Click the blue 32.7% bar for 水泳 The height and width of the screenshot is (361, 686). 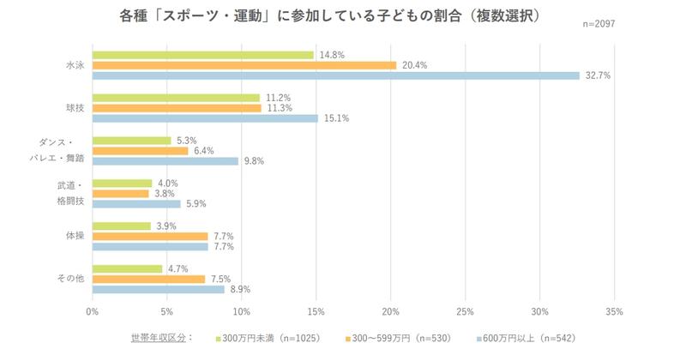(x=335, y=75)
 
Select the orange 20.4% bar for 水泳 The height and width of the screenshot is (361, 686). (x=244, y=65)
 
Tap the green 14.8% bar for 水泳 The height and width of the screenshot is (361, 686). (x=202, y=55)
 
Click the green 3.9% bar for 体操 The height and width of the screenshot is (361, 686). (x=121, y=226)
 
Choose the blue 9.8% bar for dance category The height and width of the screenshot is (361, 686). (x=165, y=161)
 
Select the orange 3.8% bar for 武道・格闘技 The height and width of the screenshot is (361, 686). (x=120, y=194)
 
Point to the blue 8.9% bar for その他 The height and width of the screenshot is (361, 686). (x=158, y=290)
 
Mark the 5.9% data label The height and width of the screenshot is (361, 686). (x=196, y=204)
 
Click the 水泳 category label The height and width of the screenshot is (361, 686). (x=75, y=65)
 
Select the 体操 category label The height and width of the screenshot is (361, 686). (x=75, y=236)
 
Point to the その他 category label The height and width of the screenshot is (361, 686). (x=72, y=279)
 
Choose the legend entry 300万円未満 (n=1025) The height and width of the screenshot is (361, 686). (x=268, y=338)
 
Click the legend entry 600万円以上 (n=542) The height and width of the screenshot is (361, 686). (x=525, y=338)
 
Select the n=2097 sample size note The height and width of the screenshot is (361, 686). (x=598, y=24)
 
